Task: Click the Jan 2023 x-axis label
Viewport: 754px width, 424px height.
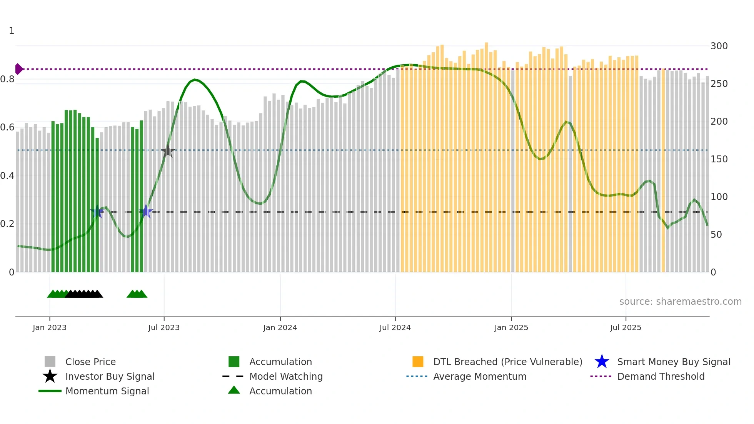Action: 50,327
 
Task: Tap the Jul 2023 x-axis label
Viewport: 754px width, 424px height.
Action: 164,327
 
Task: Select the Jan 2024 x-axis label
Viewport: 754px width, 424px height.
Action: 280,327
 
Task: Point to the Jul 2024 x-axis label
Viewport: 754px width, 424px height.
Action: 395,327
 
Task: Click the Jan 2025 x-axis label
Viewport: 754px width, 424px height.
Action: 511,327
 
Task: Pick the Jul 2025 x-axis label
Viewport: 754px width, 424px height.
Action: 626,327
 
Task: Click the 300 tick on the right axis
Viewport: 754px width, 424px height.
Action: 719,46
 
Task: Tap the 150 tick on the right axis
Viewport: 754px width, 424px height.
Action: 719,159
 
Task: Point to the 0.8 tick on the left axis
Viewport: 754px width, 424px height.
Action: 7,79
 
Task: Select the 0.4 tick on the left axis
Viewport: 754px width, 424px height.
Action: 7,176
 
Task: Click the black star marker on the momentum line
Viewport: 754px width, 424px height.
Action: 168,151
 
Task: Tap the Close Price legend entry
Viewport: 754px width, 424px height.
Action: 90,362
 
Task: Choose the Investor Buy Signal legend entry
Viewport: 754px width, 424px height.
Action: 110,376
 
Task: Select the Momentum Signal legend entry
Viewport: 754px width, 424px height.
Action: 107,391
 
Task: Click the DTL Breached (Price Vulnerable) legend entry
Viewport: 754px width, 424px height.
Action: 507,362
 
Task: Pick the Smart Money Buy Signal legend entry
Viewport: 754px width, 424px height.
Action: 673,362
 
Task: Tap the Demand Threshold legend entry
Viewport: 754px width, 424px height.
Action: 661,376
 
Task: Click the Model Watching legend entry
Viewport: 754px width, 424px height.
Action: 286,376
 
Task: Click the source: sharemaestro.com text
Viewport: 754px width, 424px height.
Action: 680,302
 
